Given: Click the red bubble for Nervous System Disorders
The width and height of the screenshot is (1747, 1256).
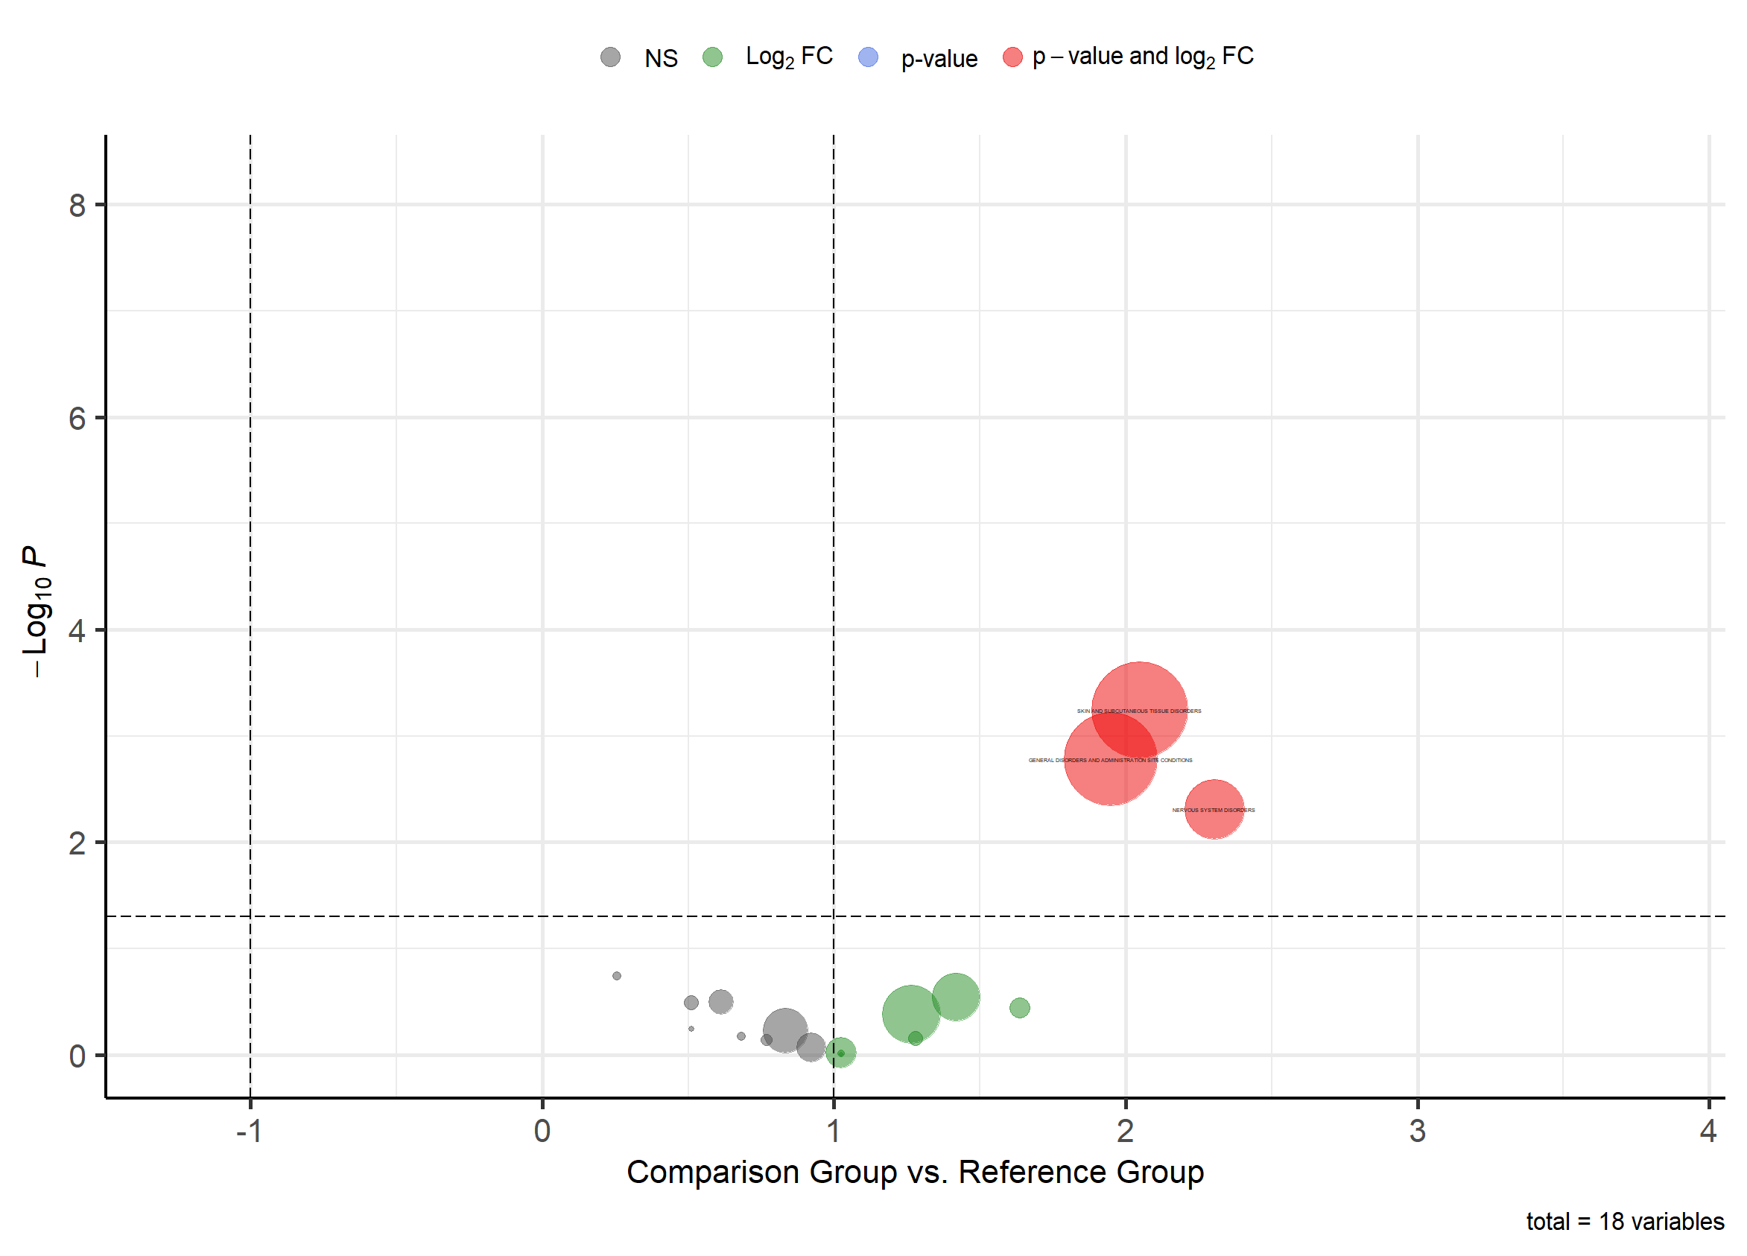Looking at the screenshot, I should [1214, 809].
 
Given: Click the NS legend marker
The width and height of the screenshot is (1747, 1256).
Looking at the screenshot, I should [611, 57].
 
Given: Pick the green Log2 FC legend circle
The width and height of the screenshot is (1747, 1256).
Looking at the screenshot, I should [712, 57].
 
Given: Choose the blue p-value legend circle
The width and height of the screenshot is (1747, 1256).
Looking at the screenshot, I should [868, 57].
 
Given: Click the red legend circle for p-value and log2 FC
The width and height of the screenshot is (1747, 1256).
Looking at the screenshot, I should [1012, 57].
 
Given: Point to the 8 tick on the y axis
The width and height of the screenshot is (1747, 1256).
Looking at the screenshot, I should [77, 206].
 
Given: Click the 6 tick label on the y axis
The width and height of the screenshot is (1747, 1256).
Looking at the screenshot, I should [77, 419].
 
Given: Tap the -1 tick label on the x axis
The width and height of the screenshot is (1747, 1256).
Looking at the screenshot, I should [250, 1132].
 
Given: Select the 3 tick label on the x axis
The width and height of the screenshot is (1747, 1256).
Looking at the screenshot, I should [1417, 1132].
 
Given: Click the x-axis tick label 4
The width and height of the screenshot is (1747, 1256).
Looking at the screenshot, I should [1708, 1132].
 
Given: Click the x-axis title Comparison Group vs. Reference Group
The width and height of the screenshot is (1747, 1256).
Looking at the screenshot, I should [915, 1172].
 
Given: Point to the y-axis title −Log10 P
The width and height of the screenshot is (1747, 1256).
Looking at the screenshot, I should [37, 612].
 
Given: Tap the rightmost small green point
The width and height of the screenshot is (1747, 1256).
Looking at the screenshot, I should [1019, 1007].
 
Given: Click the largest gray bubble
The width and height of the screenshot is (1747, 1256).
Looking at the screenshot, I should [785, 1030].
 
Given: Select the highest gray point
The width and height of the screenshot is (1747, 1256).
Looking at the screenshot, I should [617, 976].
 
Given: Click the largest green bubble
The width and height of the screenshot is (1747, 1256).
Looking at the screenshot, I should [910, 1013].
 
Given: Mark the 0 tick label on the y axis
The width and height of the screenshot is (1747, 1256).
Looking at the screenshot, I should [77, 1056].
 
